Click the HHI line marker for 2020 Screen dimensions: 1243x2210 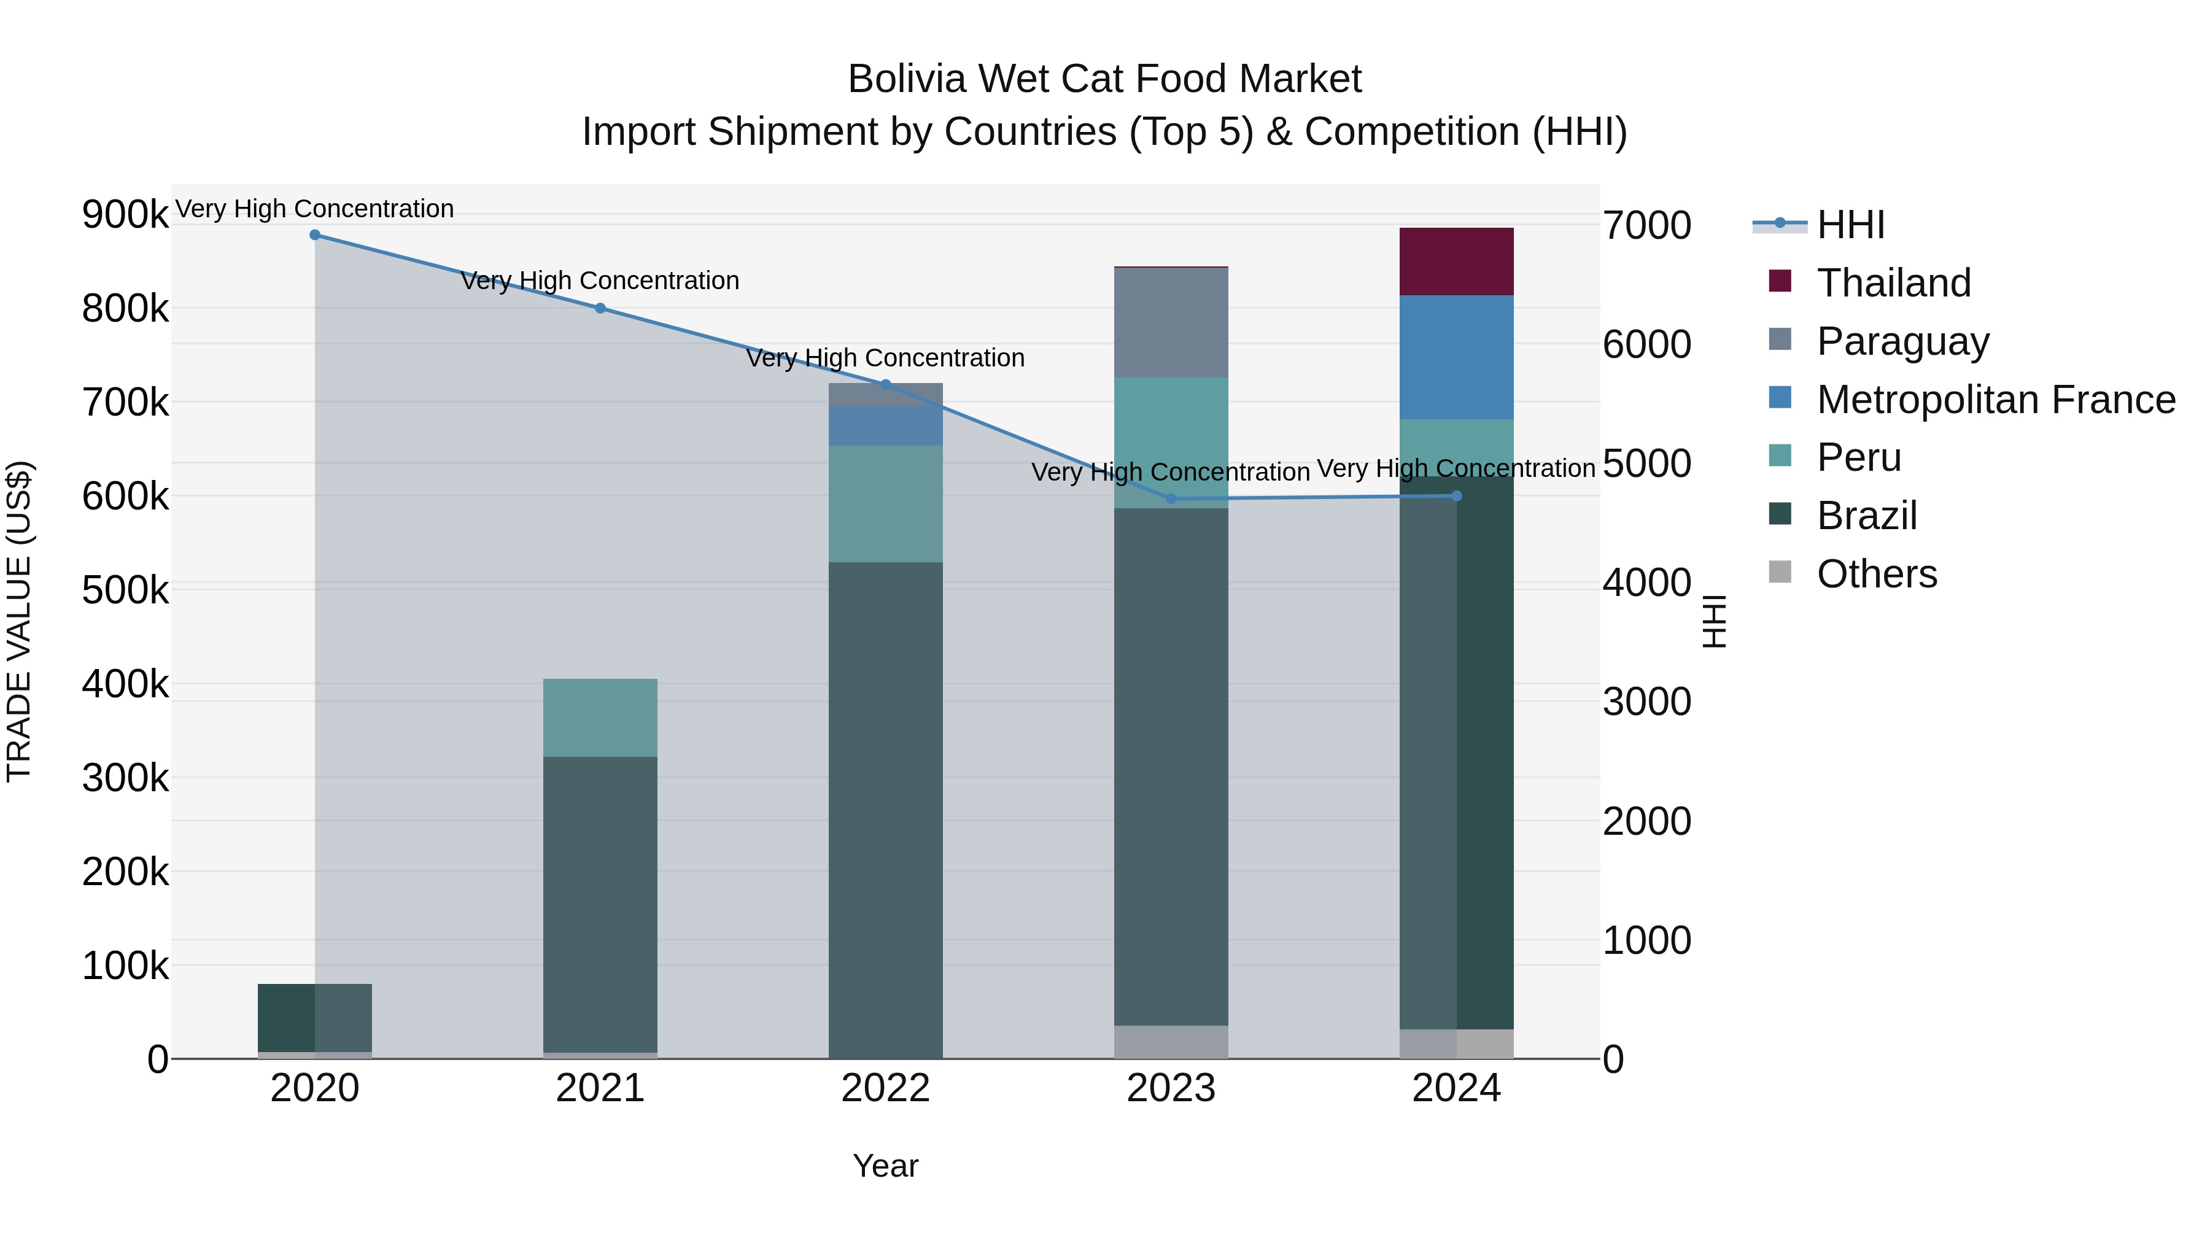coord(315,235)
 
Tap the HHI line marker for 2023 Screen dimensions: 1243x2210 coord(1171,498)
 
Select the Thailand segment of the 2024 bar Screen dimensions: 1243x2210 coord(1456,261)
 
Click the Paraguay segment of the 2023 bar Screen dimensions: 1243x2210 coord(1171,322)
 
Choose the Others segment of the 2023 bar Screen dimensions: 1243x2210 coord(1171,1042)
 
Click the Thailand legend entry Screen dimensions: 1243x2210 coord(1893,283)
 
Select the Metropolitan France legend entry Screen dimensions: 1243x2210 coord(1996,400)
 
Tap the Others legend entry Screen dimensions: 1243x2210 coord(1876,574)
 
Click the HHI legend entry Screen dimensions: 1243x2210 coord(1850,225)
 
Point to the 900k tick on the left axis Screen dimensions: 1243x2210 coord(125,214)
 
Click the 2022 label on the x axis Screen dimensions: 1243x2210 coord(885,1088)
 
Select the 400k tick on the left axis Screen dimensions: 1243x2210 coord(125,684)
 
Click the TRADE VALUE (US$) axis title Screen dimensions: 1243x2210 coord(20,621)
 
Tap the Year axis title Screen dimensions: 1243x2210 coord(885,1166)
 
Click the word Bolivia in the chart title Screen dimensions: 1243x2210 coord(906,79)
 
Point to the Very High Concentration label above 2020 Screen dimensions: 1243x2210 coord(315,209)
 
